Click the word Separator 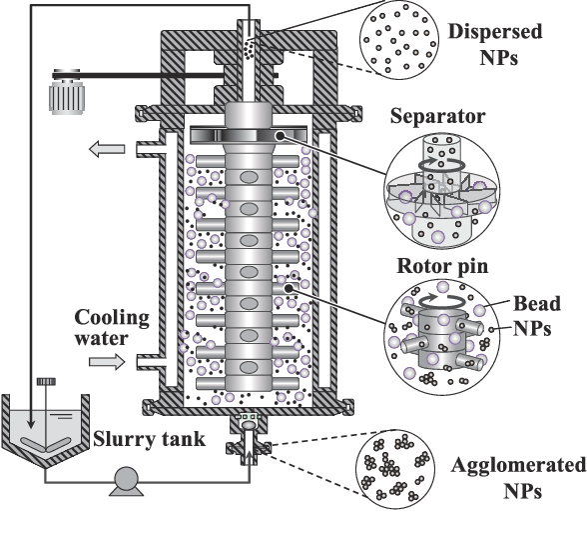point(437,116)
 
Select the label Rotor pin point(442,266)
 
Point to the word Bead point(537,303)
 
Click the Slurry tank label point(149,439)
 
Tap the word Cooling point(112,318)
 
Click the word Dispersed point(495,31)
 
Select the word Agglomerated point(518,465)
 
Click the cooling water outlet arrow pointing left point(107,149)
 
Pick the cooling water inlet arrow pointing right point(107,362)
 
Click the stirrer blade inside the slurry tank point(45,444)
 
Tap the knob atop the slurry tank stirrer point(46,382)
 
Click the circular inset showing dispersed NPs point(399,39)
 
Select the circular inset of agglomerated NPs point(395,469)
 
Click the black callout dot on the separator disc point(280,136)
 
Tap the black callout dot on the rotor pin point(289,288)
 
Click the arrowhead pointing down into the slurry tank point(32,423)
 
